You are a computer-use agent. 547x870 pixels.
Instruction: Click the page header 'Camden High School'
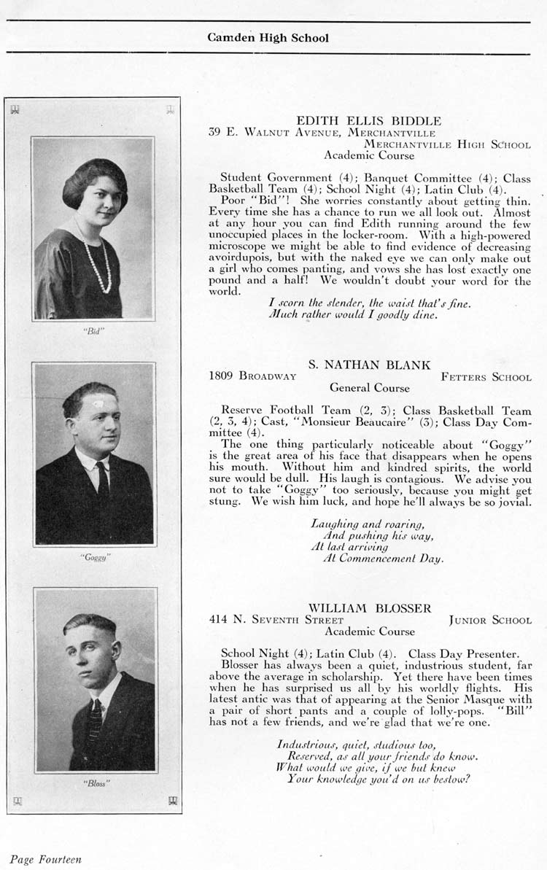click(x=268, y=38)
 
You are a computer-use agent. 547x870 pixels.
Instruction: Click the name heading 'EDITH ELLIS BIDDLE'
click(x=368, y=120)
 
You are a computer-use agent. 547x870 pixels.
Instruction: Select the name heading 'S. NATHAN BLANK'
click(x=369, y=365)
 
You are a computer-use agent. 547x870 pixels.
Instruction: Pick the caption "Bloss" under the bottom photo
click(x=96, y=784)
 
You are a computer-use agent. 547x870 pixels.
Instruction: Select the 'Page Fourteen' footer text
click(x=45, y=859)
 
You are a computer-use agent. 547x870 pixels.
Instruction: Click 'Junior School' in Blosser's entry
click(x=490, y=621)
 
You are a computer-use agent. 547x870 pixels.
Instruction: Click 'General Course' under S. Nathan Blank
click(x=369, y=388)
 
